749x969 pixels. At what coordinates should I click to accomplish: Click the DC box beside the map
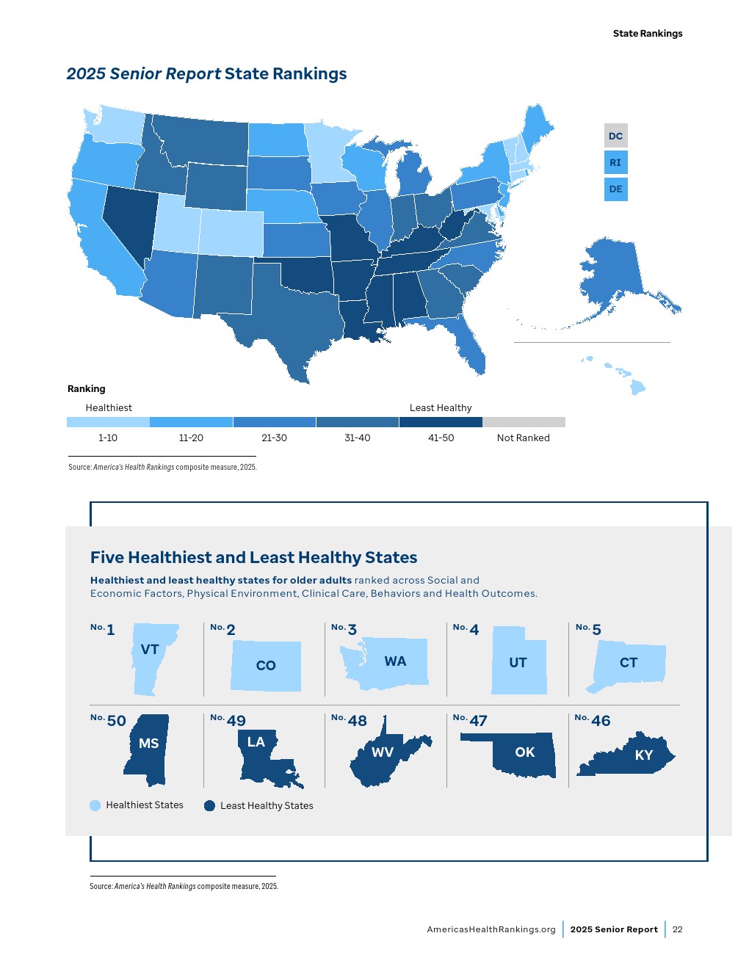point(615,136)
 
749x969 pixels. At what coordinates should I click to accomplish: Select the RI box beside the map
point(615,162)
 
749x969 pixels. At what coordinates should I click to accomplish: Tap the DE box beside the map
point(615,189)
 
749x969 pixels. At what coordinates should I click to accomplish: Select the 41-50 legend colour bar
point(441,422)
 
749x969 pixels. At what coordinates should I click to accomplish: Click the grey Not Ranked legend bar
point(524,422)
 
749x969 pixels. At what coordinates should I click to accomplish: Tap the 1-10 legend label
point(108,438)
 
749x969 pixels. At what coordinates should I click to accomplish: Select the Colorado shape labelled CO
point(266,665)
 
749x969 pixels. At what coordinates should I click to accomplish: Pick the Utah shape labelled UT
point(518,662)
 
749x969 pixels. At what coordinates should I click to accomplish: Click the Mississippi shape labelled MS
point(148,749)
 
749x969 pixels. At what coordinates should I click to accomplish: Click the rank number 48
point(357,721)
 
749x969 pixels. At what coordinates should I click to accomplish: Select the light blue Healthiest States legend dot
point(95,805)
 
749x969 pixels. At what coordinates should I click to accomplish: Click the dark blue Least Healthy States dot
point(209,805)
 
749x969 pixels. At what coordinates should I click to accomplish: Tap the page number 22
point(677,929)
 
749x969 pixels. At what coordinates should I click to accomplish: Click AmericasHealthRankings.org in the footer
point(491,929)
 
